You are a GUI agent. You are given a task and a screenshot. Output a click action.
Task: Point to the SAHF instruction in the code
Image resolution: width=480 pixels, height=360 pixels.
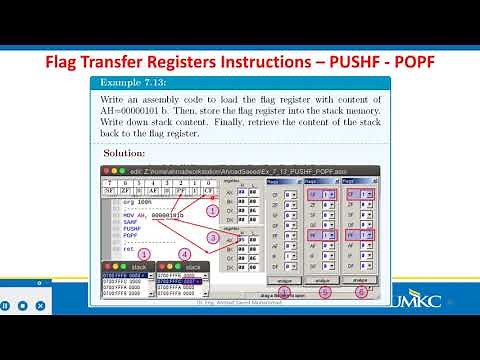tap(132, 221)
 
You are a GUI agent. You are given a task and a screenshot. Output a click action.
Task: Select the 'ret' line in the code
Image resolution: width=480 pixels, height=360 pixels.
tap(128, 249)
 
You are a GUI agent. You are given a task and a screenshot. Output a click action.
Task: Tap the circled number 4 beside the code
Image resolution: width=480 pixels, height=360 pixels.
tap(185, 254)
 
